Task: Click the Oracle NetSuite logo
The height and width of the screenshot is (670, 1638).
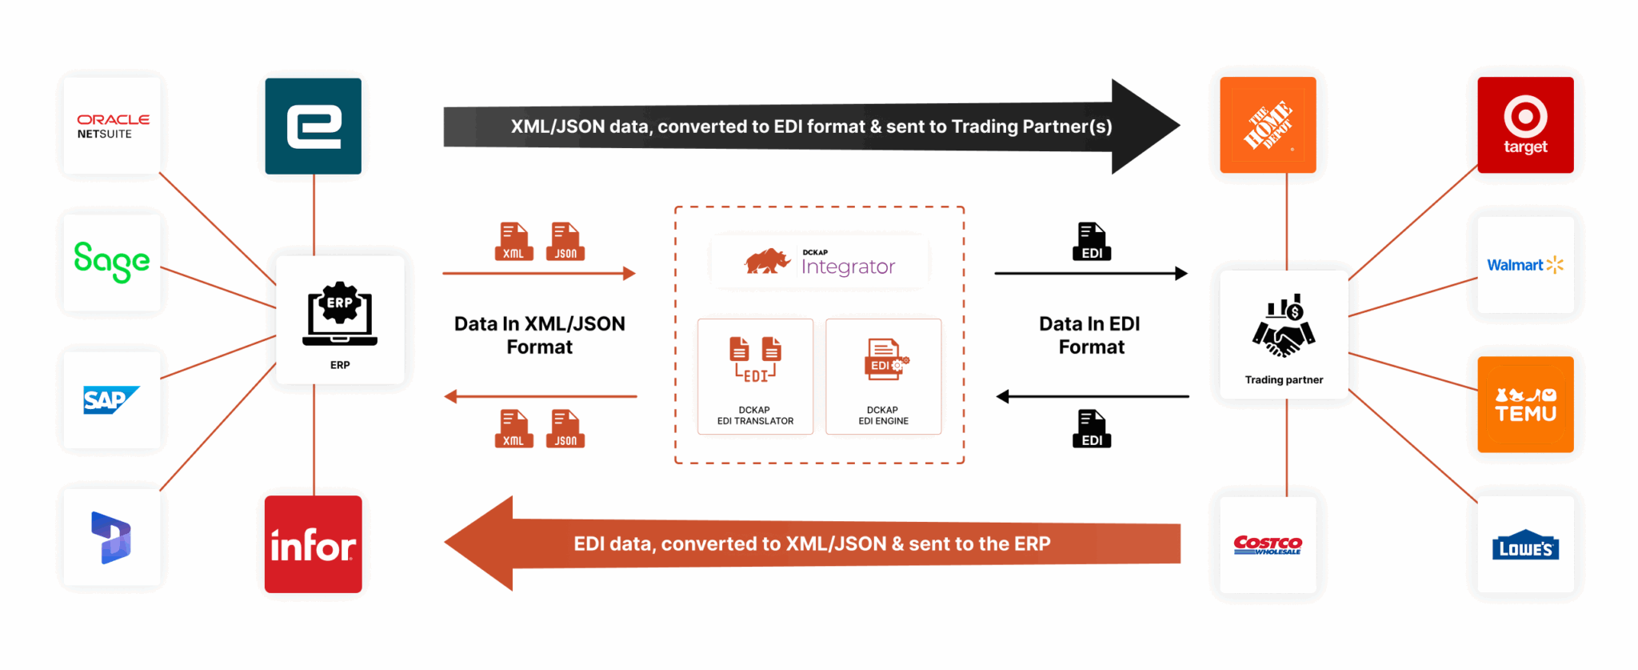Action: (112, 126)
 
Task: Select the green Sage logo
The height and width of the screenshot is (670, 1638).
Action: (112, 262)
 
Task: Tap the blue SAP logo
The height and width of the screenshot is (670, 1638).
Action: (111, 399)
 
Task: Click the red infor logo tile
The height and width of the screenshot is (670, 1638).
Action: (313, 544)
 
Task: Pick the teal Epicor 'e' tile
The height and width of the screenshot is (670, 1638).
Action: (313, 126)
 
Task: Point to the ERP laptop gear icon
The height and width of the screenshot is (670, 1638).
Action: (340, 313)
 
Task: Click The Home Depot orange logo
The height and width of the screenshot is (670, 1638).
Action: (1268, 125)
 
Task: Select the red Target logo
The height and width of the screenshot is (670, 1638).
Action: (1525, 125)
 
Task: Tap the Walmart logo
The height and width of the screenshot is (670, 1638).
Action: (1525, 265)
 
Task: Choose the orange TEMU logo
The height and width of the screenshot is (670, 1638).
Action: (1525, 404)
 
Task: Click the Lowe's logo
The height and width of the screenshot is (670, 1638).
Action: (1525, 545)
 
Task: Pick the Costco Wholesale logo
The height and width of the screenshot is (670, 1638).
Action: (1268, 545)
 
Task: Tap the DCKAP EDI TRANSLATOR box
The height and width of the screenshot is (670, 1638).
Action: (755, 376)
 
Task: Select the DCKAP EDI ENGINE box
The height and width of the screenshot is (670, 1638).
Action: (883, 376)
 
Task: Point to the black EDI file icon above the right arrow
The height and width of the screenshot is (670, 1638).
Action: (1092, 241)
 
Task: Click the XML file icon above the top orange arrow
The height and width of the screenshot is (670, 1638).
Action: (513, 241)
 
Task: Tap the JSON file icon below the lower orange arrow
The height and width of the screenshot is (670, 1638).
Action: (565, 428)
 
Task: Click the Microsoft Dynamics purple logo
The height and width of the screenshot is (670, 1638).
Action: (112, 537)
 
